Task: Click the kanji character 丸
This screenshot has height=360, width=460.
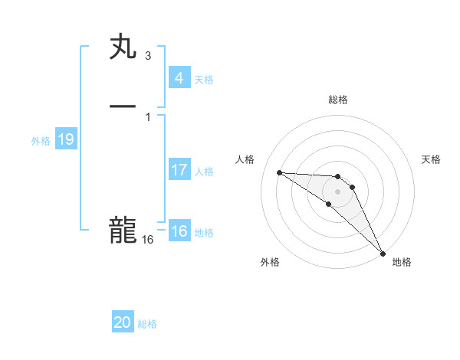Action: click(x=123, y=47)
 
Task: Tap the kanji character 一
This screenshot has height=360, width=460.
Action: click(x=123, y=106)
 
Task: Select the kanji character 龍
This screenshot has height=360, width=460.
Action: click(x=123, y=230)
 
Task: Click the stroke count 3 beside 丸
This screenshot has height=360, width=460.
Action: click(x=147, y=56)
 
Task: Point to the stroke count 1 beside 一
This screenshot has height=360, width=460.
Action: click(x=147, y=116)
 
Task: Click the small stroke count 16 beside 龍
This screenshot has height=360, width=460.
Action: click(x=148, y=240)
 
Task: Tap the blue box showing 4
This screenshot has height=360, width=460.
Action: click(x=179, y=78)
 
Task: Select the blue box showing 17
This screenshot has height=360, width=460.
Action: click(x=179, y=170)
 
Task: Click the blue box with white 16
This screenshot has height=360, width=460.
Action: click(x=179, y=231)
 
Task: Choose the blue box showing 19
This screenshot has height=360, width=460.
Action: click(x=65, y=139)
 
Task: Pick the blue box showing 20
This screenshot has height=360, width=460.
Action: click(x=123, y=322)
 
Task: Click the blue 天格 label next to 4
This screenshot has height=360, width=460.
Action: click(x=204, y=80)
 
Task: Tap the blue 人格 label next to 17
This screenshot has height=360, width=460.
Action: click(x=204, y=172)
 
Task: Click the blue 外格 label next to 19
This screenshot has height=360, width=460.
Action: click(x=41, y=141)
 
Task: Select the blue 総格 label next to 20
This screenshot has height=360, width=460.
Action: click(x=147, y=324)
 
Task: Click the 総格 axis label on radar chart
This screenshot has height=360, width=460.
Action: click(x=338, y=100)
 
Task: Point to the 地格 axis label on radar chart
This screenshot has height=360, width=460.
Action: click(x=402, y=262)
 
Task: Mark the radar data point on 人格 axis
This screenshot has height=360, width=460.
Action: click(x=279, y=172)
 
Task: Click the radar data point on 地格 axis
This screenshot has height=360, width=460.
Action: click(x=382, y=253)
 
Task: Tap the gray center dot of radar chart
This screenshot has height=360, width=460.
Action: click(x=337, y=191)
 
